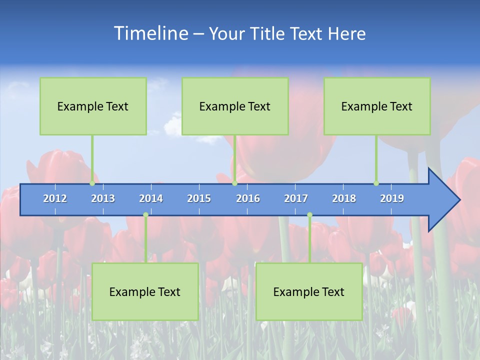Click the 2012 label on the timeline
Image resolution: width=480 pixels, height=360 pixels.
(x=55, y=198)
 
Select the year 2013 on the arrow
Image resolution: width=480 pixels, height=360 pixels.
(x=103, y=198)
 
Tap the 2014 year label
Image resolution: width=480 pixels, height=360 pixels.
(x=151, y=198)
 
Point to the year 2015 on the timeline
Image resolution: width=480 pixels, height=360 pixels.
(x=199, y=198)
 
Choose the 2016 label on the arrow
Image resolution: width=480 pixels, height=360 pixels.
(x=248, y=198)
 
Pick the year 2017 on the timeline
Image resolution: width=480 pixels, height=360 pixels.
(x=296, y=198)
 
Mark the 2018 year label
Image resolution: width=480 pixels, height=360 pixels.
(x=344, y=198)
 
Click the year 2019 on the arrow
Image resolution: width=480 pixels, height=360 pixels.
(x=392, y=198)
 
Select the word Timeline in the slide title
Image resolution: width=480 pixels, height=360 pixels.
(x=150, y=33)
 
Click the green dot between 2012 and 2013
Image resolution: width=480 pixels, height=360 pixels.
(x=92, y=183)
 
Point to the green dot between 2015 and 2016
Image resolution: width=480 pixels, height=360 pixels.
(x=234, y=183)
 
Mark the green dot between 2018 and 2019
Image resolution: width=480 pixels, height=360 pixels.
(x=376, y=183)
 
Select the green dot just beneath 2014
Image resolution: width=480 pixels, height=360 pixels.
(x=145, y=215)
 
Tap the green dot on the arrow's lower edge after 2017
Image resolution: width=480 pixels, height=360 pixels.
(x=309, y=215)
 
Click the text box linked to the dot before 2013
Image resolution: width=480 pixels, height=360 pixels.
(x=93, y=106)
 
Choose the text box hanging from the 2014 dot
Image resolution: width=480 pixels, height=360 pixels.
(x=145, y=291)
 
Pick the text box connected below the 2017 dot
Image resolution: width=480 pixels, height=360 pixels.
(x=309, y=291)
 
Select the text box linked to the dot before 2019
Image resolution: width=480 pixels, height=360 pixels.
(x=377, y=106)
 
